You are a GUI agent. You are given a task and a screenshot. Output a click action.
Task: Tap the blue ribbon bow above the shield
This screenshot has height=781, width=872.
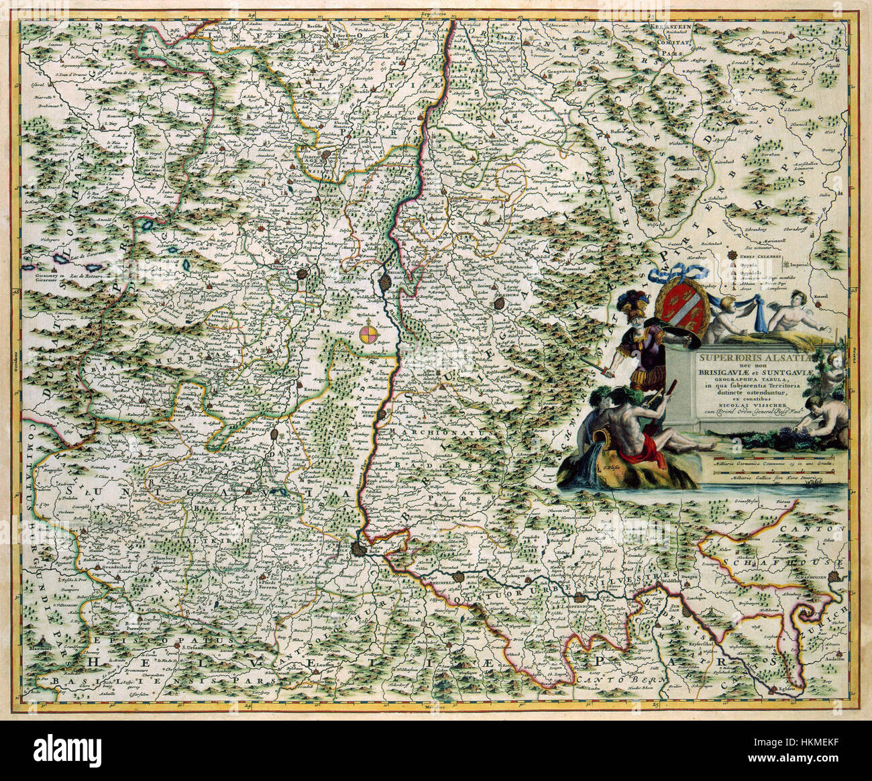coord(685,271)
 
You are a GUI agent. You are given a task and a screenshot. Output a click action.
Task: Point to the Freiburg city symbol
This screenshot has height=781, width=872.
coord(498,303)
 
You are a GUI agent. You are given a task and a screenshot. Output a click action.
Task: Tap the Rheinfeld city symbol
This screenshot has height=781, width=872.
coord(459,576)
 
